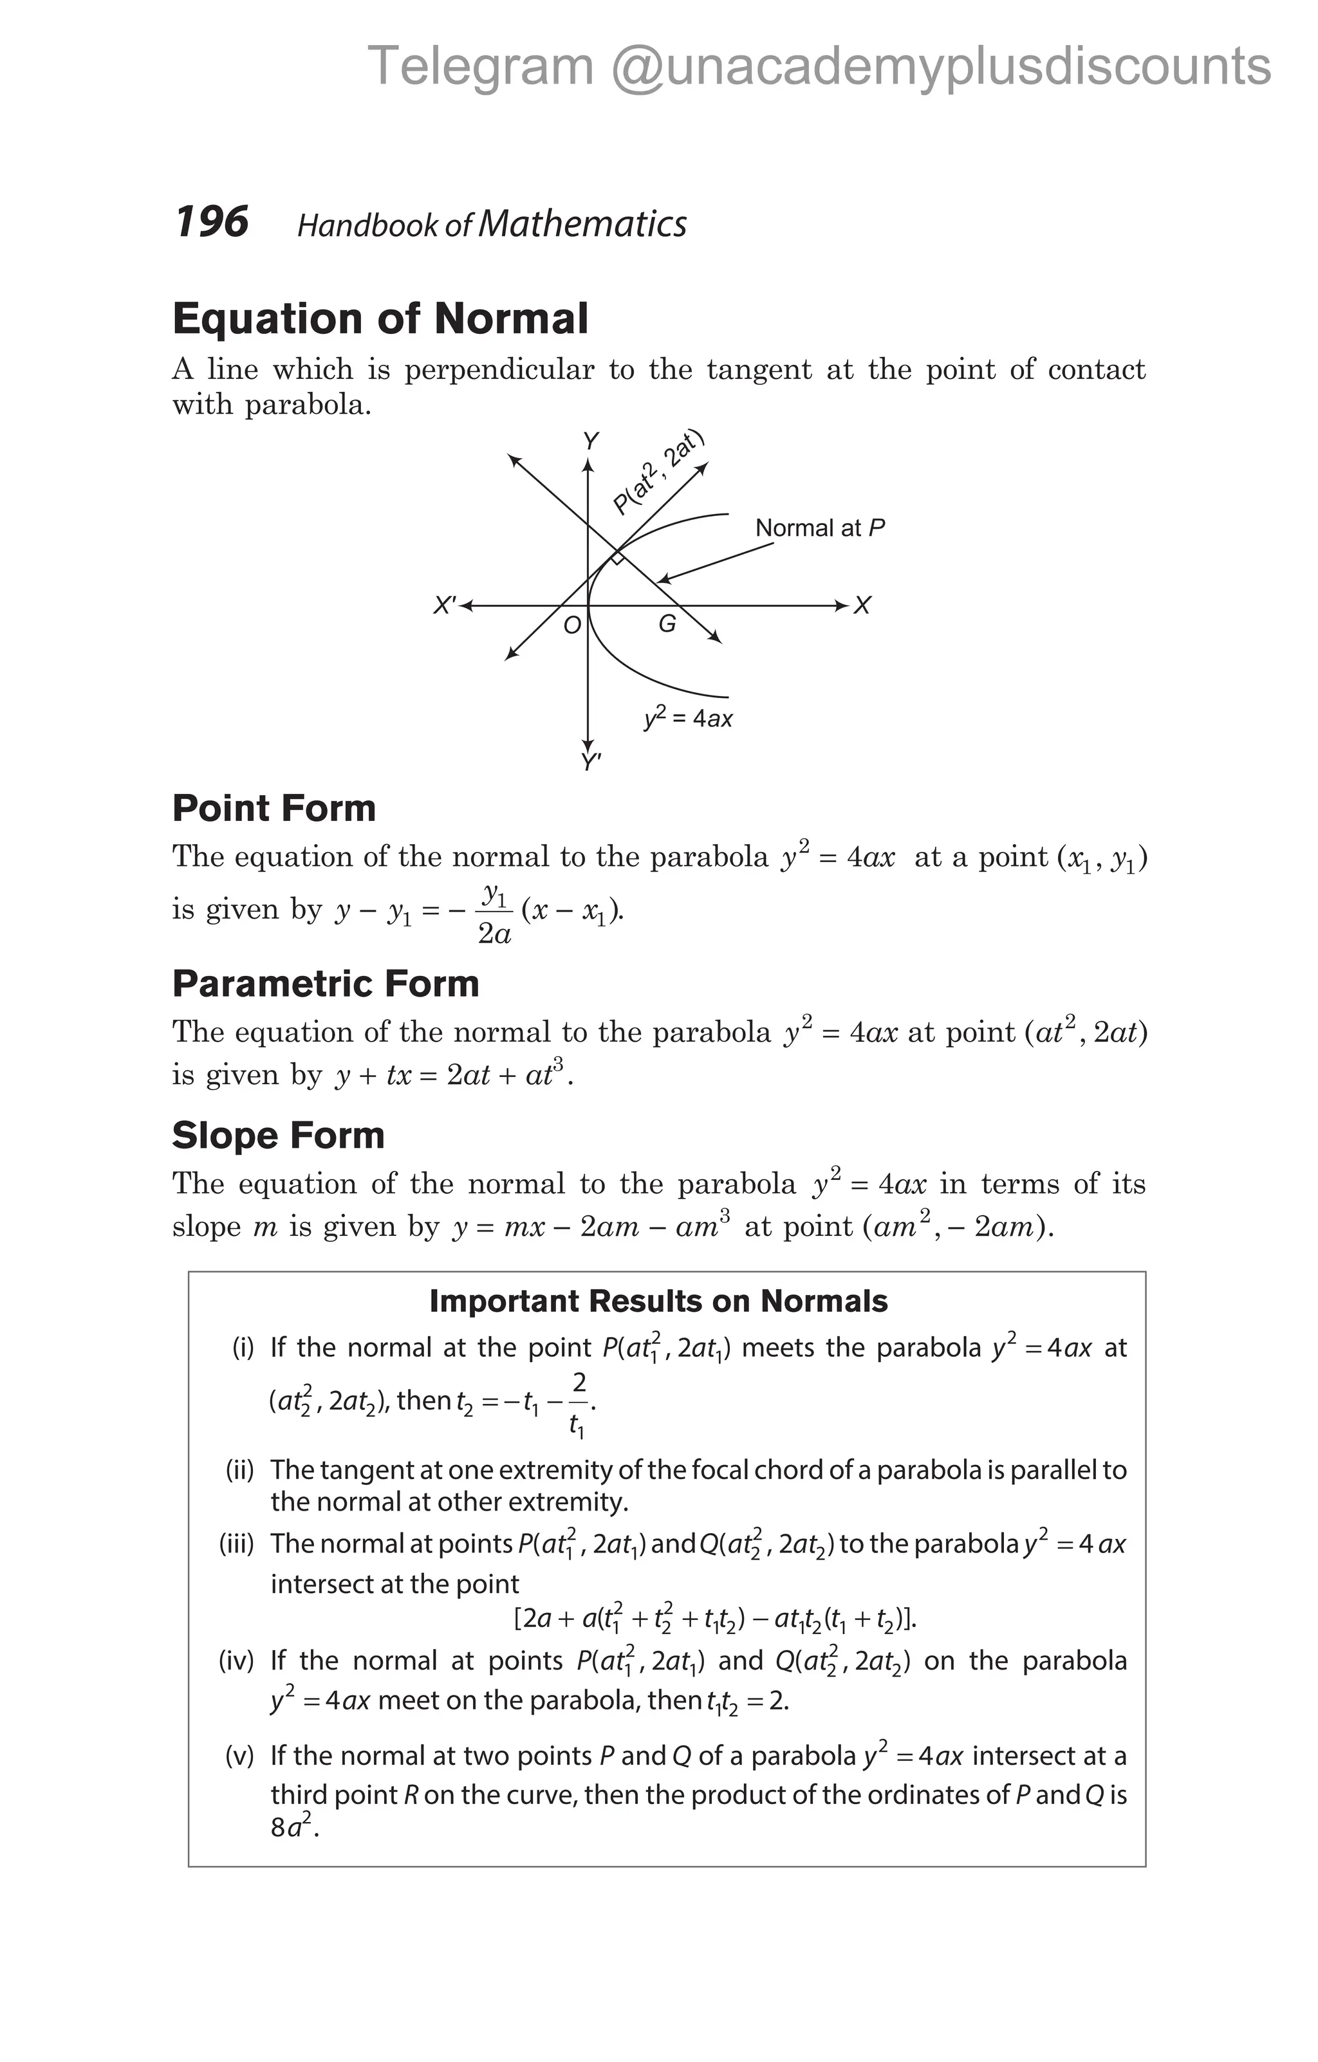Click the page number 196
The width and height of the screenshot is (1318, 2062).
point(212,222)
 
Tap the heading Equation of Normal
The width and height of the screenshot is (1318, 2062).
point(380,318)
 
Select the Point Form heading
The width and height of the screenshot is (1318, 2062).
point(274,808)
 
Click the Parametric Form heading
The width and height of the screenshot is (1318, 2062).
point(326,984)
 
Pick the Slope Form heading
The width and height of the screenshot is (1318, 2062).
point(278,1136)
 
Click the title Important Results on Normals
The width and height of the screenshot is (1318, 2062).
point(658,1301)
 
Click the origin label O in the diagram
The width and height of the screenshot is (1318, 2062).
point(571,626)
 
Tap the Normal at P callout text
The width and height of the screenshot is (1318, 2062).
point(820,528)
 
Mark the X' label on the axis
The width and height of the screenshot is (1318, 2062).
point(445,605)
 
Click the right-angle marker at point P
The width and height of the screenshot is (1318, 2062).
point(617,559)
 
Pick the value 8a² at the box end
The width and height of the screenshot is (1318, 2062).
point(293,1827)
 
